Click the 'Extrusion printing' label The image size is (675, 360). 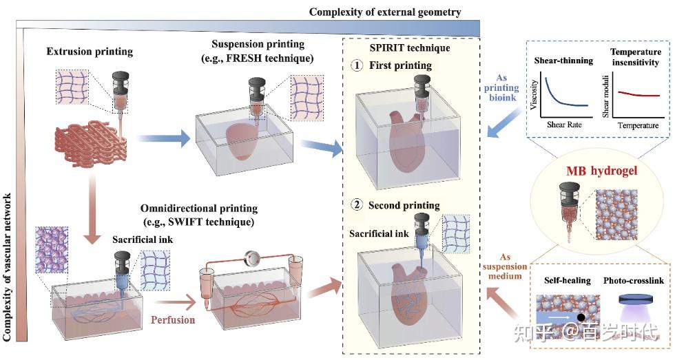(x=90, y=52)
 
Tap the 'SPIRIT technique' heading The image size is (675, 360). (x=410, y=47)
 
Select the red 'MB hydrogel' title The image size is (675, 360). (x=602, y=171)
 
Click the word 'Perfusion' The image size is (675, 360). (x=173, y=319)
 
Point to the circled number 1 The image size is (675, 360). (x=357, y=65)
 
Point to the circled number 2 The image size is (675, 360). (x=357, y=204)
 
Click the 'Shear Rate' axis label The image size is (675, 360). (x=564, y=125)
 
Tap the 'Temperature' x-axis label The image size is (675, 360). (x=638, y=125)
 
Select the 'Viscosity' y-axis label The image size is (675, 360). (x=534, y=94)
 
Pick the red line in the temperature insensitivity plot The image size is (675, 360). (x=639, y=94)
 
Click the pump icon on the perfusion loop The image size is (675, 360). (x=251, y=258)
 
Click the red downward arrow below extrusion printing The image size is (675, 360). (x=91, y=211)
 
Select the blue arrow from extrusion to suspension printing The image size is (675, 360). (x=164, y=138)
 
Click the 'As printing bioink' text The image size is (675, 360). (x=501, y=87)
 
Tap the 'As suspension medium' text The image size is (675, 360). (x=504, y=266)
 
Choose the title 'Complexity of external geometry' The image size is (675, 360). (x=385, y=12)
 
